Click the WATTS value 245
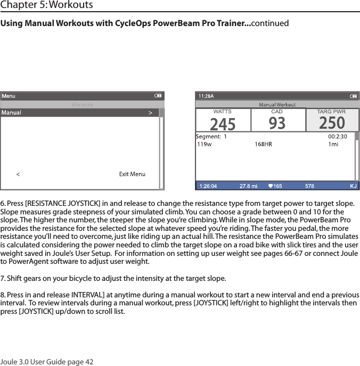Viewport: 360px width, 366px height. [223, 124]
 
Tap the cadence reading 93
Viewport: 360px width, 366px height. [276, 123]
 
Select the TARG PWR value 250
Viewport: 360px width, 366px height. [332, 123]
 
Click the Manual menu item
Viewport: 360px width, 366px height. [12, 113]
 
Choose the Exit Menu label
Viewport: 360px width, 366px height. [132, 174]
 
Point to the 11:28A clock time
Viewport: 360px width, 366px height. [206, 96]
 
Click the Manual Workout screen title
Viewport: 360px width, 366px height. [277, 105]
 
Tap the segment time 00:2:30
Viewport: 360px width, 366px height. [337, 136]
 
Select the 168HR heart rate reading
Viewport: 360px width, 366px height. [263, 144]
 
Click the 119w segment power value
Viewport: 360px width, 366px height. [204, 144]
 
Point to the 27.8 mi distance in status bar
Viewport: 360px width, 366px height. [248, 186]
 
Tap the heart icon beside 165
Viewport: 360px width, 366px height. [271, 186]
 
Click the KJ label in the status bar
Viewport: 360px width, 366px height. [353, 186]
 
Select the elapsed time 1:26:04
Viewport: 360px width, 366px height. [208, 186]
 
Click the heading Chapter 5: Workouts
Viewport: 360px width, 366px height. [47, 5]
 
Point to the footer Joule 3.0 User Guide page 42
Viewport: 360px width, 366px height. [47, 362]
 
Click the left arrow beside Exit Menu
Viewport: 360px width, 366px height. [18, 174]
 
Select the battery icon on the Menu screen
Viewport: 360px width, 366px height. [158, 96]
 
